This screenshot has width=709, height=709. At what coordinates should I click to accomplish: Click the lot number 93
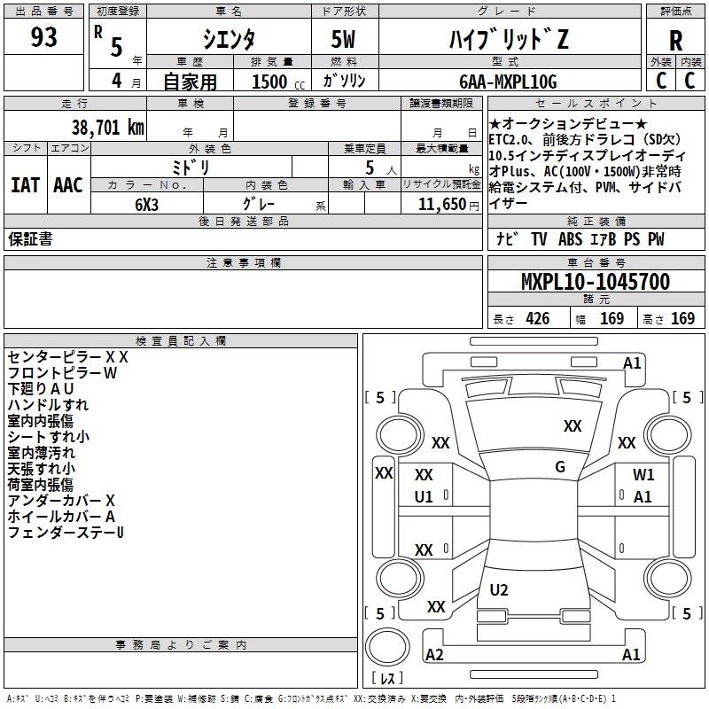point(43,37)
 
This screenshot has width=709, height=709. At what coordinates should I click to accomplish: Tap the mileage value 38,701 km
point(108,128)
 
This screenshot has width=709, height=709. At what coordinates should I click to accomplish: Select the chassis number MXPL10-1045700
point(596,282)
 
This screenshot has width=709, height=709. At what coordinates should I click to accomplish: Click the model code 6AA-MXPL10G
point(508,82)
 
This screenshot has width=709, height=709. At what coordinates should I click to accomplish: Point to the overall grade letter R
point(675,41)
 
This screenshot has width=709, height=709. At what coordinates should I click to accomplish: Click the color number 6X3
point(146,205)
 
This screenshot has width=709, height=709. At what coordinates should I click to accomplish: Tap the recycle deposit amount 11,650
point(441,205)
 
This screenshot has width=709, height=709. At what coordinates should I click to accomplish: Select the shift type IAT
point(26,185)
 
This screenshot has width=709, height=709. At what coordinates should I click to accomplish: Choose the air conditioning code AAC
point(68,185)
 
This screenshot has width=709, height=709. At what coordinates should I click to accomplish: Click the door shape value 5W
point(343,39)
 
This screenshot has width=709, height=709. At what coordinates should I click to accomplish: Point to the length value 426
point(538,318)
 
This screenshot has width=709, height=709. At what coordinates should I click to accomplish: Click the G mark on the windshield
point(560,467)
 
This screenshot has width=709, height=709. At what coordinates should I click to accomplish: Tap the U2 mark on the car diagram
point(499,589)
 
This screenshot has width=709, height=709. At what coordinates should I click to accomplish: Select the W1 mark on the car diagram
point(643,474)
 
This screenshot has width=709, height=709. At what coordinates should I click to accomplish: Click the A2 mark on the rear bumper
point(434,654)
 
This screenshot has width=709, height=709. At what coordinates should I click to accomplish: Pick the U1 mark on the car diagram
point(424,497)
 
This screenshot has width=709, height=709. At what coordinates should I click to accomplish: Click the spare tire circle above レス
point(387,647)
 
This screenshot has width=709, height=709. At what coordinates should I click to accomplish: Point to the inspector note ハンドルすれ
point(48,405)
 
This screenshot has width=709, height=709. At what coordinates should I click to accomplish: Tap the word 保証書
point(30,239)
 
